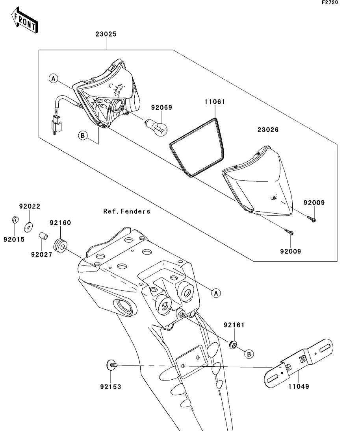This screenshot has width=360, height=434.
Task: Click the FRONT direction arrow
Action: tap(24, 20)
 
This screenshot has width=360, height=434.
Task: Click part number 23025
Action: tap(106, 34)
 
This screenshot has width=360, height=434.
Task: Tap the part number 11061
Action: tap(215, 102)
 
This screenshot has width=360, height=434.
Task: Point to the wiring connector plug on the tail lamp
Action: tap(57, 125)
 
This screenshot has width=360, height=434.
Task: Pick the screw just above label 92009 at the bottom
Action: tap(289, 232)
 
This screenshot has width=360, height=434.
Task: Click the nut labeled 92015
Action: tap(15, 220)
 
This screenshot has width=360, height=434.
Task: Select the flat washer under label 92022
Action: tap(28, 227)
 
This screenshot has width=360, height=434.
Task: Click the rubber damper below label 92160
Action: tap(60, 246)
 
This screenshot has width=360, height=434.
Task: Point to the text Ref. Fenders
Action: tap(127, 211)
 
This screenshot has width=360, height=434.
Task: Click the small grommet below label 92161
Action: tap(233, 345)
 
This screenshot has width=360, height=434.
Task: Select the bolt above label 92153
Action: tap(112, 365)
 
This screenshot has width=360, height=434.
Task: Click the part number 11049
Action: tap(299, 386)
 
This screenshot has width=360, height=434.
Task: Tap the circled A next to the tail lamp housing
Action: tap(54, 79)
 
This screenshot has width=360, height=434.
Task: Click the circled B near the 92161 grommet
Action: tap(249, 354)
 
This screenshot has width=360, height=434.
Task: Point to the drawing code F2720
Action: tap(330, 2)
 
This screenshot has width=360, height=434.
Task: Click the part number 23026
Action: tap(268, 129)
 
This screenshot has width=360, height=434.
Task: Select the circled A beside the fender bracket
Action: tap(216, 293)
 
